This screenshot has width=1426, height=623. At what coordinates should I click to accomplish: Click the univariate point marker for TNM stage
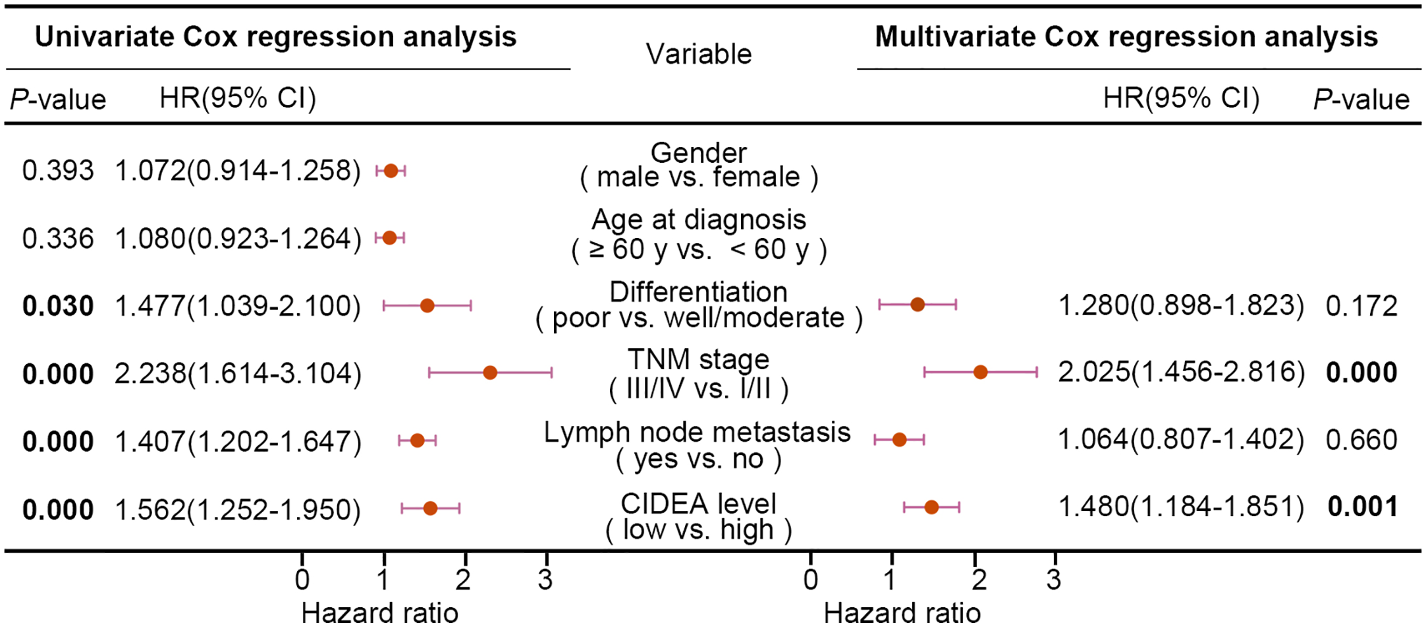[489, 372]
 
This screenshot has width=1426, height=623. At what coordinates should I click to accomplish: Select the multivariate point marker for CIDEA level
[931, 507]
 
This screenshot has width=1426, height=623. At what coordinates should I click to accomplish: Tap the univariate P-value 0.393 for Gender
[58, 171]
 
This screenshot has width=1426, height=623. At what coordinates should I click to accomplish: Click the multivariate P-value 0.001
[1363, 507]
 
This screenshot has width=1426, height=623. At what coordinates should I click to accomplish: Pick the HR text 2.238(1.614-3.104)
[238, 374]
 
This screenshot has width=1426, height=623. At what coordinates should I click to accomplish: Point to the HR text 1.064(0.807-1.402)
[1181, 440]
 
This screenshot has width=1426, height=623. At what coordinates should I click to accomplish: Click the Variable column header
[698, 54]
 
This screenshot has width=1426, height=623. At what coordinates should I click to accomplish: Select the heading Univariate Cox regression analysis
[275, 37]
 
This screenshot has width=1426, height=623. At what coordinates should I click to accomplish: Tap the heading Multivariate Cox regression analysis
[1126, 37]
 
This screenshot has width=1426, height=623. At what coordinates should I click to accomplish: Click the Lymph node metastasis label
[697, 433]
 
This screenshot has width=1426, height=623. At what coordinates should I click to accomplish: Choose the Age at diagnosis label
[698, 220]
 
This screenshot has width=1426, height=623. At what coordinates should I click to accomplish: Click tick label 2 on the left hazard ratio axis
[464, 579]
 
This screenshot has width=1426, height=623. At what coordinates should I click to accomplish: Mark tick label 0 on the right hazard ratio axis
[811, 579]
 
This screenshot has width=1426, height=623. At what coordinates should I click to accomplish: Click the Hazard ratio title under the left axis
[379, 612]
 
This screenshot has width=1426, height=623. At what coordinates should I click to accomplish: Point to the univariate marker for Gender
[391, 171]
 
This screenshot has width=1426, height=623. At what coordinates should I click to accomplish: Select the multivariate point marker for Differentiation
[918, 305]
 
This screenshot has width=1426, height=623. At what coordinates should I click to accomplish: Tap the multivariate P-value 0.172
[1361, 306]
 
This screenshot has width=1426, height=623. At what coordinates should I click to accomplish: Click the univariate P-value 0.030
[58, 307]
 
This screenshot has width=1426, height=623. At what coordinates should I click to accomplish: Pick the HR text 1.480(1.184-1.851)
[1181, 507]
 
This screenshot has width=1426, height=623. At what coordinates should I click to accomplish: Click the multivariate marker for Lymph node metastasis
[899, 440]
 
